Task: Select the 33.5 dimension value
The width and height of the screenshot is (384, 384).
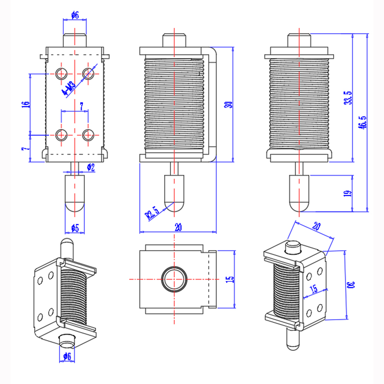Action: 348,97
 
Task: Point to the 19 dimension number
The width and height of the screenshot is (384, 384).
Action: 348,193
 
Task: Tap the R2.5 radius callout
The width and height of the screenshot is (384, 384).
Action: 152,212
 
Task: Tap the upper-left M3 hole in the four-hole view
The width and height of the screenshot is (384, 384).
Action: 61,73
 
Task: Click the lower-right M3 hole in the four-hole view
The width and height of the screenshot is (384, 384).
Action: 87,135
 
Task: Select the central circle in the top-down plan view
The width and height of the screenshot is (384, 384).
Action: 173,279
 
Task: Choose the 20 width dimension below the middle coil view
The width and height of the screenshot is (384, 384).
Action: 178,228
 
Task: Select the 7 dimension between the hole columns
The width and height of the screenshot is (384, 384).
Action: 81,105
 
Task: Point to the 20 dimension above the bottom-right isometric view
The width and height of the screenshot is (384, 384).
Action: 316,227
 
